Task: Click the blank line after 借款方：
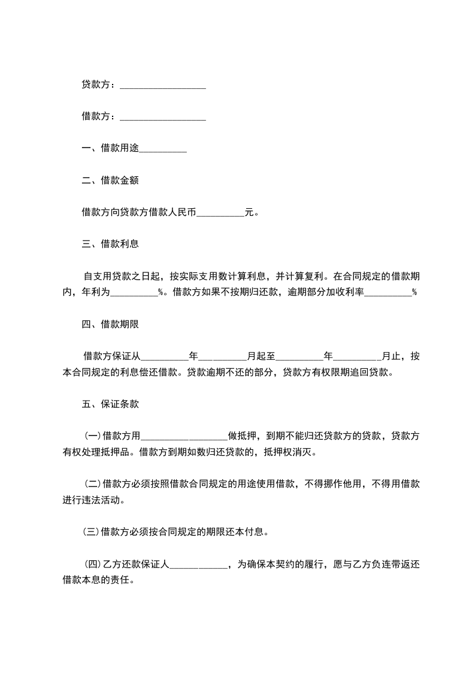coord(163,118)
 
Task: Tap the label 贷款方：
coord(99,85)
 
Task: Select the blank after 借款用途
coord(163,149)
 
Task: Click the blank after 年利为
coord(134,294)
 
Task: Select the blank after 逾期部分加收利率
coord(388,294)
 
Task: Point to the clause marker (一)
coord(92,436)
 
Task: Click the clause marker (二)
coord(92,484)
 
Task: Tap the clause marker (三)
coord(92,531)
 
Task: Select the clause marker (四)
coord(92,564)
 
